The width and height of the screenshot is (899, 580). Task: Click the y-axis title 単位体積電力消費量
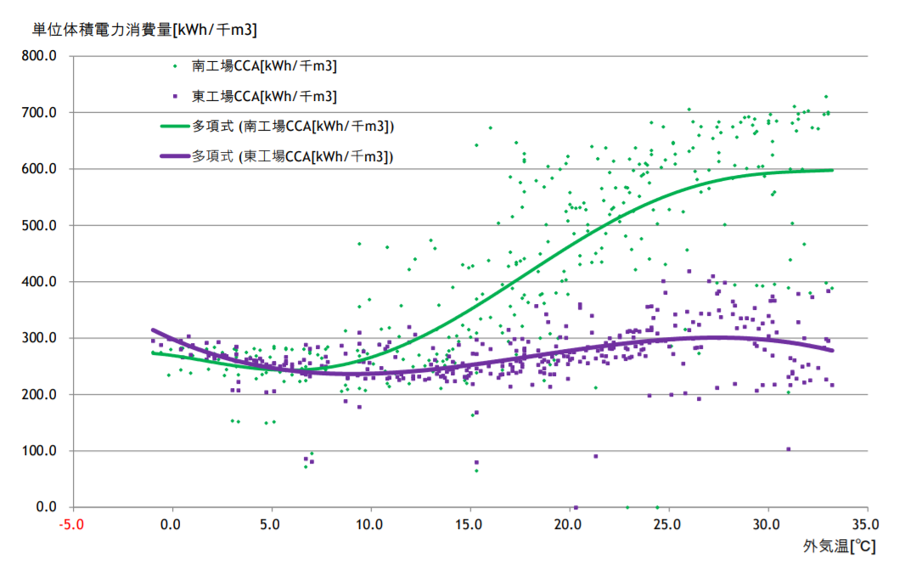click(x=103, y=30)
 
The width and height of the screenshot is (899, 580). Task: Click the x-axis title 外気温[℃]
click(x=839, y=545)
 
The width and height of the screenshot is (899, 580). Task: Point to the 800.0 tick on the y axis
click(x=39, y=56)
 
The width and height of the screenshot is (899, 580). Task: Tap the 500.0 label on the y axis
click(x=39, y=225)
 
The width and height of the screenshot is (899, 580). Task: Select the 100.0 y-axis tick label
click(x=39, y=451)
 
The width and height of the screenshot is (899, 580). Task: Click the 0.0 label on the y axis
click(x=46, y=507)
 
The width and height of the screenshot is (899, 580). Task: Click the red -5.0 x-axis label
click(x=71, y=525)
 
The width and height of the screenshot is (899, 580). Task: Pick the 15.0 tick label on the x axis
click(x=469, y=525)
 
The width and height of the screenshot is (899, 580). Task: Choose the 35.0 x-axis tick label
click(x=866, y=525)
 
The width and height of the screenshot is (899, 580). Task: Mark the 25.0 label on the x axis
click(x=667, y=525)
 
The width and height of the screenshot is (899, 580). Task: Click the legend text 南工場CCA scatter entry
click(x=264, y=66)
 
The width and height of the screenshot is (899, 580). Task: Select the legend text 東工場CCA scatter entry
click(x=264, y=96)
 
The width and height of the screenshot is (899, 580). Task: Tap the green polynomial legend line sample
click(x=175, y=127)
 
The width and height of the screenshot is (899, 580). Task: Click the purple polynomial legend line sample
click(x=175, y=156)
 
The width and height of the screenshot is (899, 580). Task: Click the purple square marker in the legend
click(x=175, y=96)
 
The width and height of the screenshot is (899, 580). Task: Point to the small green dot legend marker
click(x=175, y=66)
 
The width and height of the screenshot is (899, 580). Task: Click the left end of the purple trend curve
click(x=153, y=329)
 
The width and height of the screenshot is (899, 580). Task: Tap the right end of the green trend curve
click(x=832, y=171)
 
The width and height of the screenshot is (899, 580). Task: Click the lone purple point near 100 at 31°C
click(x=789, y=449)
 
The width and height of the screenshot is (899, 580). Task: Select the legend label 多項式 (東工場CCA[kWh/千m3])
click(x=292, y=156)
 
